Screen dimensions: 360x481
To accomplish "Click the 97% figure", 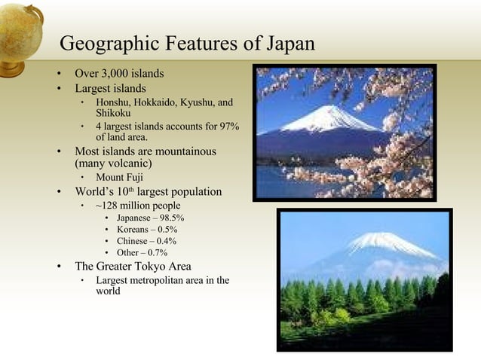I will [x=226, y=126].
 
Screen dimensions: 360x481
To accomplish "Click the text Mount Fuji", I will [x=119, y=177].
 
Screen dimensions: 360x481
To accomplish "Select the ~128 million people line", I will [x=138, y=205].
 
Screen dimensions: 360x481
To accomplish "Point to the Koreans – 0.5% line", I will [x=147, y=229].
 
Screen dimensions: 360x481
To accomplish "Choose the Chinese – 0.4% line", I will [x=146, y=241].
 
